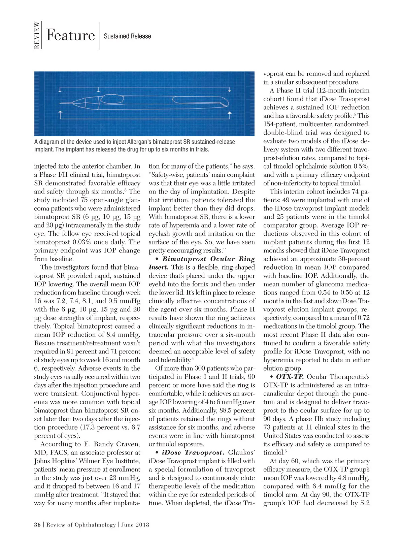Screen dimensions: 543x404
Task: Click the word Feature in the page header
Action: pos(70,35)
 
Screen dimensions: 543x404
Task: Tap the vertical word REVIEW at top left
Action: pos(37,35)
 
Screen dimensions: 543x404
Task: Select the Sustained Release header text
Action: pos(127,36)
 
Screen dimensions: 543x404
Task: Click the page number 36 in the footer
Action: pos(37,525)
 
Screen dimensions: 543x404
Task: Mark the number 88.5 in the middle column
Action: pos(228,411)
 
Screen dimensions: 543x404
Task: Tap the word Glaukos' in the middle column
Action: pos(241,453)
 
